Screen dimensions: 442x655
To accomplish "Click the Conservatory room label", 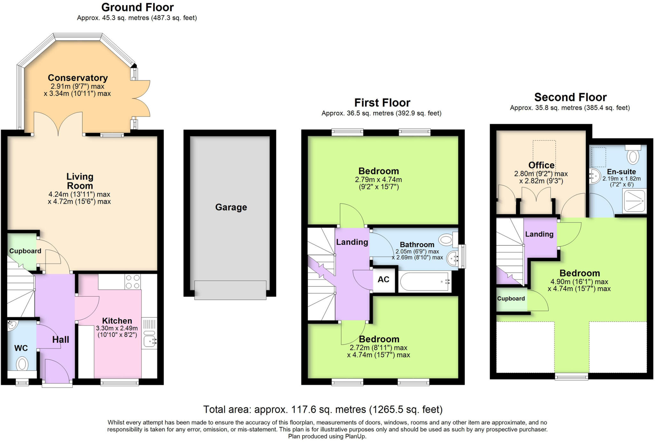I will pos(78,78).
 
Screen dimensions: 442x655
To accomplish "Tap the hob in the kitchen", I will pos(132,282).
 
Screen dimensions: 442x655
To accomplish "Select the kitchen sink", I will pos(149,341).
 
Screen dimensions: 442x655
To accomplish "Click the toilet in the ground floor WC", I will pos(22,364).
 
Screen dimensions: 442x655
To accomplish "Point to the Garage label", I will pos(231,207).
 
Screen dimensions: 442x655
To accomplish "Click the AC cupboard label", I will pos(383,279).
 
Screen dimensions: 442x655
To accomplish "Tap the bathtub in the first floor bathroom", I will pos(424,282).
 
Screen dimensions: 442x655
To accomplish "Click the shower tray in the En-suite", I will pos(634,201).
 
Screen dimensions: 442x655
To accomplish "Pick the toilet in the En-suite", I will pos(633,156).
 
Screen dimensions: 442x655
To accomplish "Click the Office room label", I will pos(541,165).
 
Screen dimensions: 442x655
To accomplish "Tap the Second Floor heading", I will pos(570,97).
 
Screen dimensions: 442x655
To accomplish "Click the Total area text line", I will pos(323,409).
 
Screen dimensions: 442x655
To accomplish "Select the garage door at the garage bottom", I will pos(230,290).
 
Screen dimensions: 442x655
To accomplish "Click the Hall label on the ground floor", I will pos(60,339).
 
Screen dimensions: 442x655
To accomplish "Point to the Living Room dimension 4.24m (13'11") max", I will pos(79,194).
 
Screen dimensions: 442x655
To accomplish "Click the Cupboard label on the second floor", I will pos(511,299).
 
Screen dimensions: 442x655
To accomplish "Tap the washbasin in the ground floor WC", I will pos(13,326).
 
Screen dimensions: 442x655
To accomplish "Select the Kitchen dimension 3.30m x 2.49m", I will pos(117,328).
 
